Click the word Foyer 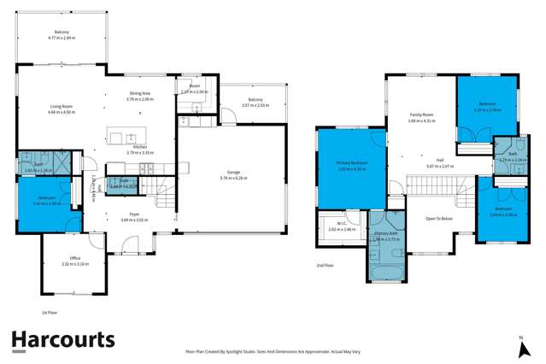click(x=111, y=214)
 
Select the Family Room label click(x=422, y=114)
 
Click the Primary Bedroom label click(x=351, y=162)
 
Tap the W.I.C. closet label click(x=341, y=224)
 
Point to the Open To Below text click(x=438, y=218)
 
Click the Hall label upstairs click(x=439, y=160)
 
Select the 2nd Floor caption click(x=325, y=266)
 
